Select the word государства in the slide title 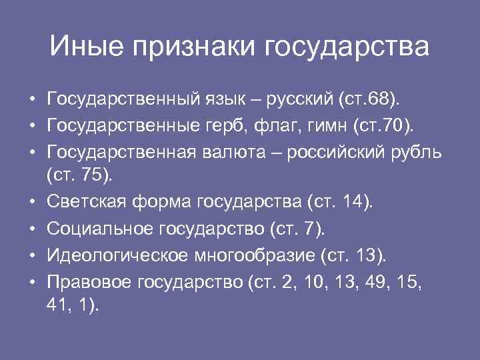[x=347, y=49]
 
